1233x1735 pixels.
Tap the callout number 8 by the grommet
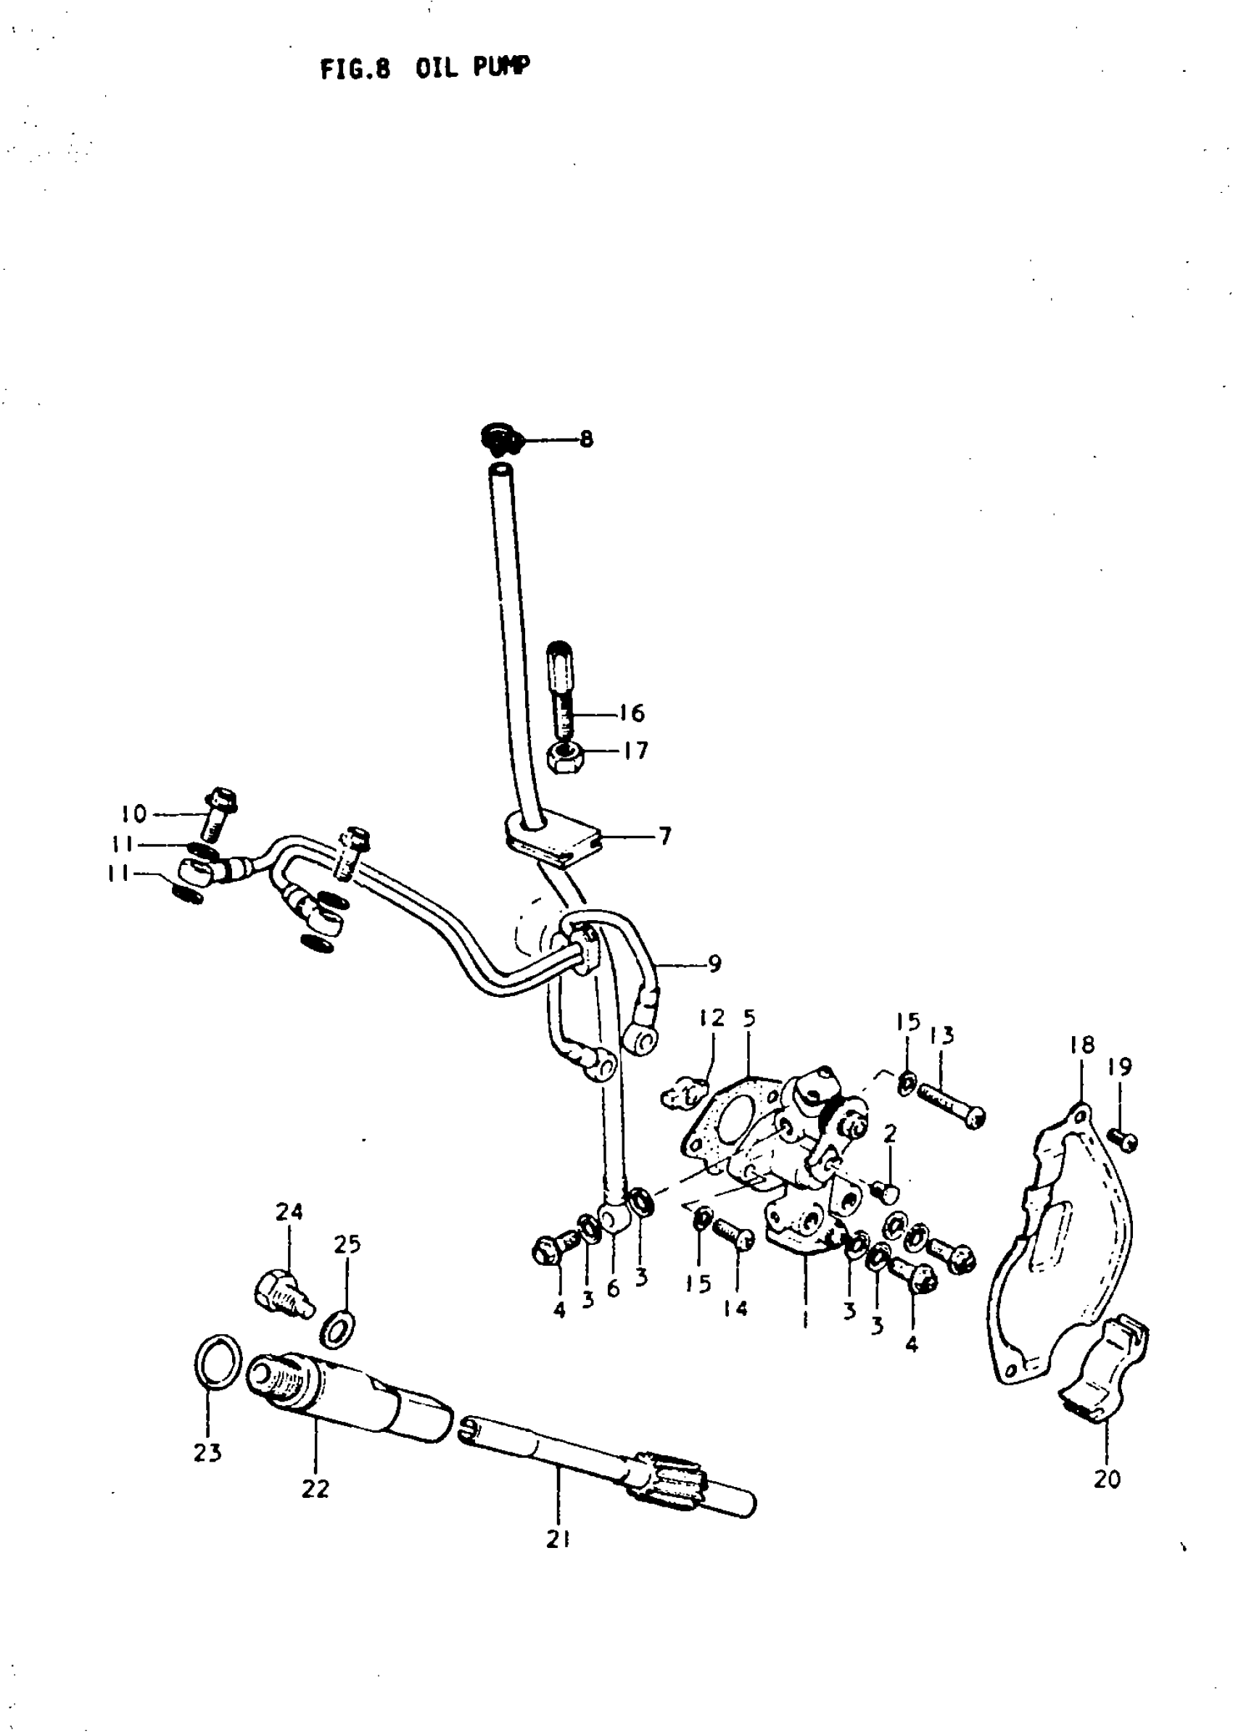pos(586,439)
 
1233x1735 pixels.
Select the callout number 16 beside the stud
pos(632,713)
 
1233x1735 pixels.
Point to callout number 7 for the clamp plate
pos(664,837)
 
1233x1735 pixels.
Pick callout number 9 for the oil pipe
pos(714,964)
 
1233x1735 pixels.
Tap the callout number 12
pos(712,1018)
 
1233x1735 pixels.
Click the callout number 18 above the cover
pos(1082,1045)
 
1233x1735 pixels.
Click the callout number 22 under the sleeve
pos(315,1489)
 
